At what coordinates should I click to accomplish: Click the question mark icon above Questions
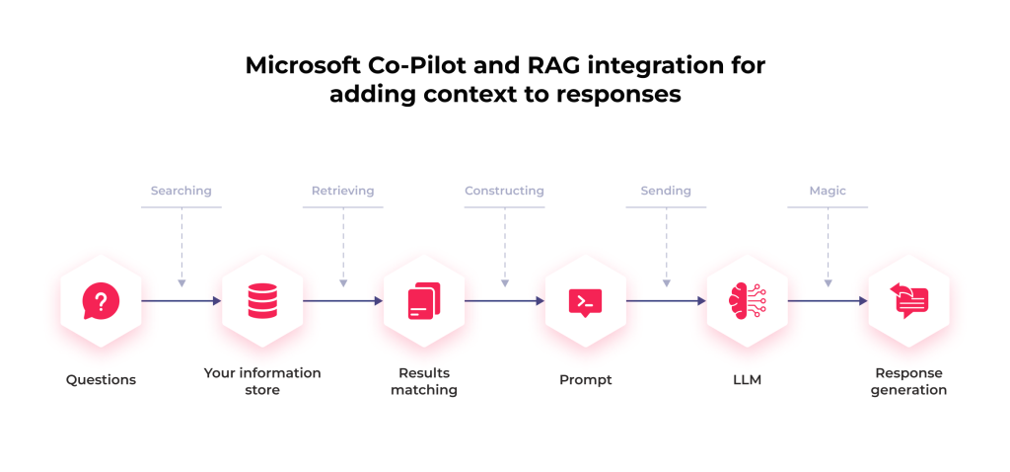[101, 300]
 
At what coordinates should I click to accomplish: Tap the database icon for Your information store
[262, 300]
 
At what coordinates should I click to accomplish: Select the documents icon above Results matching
[424, 300]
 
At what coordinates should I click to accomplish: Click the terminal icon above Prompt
[586, 300]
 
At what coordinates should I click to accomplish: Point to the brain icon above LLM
[747, 300]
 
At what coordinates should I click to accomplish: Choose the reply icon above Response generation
[908, 300]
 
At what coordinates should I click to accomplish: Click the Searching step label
[181, 191]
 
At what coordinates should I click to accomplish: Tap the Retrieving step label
[342, 191]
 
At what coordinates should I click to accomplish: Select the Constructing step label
[504, 191]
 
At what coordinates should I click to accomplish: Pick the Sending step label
[666, 191]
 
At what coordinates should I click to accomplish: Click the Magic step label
[828, 191]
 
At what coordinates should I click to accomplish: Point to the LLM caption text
[747, 380]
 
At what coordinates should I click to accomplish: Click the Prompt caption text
[586, 380]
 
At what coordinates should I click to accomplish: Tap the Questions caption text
[101, 380]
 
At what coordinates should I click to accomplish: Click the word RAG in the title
[549, 66]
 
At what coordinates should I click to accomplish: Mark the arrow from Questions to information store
[181, 300]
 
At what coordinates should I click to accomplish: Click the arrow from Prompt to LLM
[666, 300]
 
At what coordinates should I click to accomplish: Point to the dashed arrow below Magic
[828, 247]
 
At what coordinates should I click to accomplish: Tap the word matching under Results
[424, 390]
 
